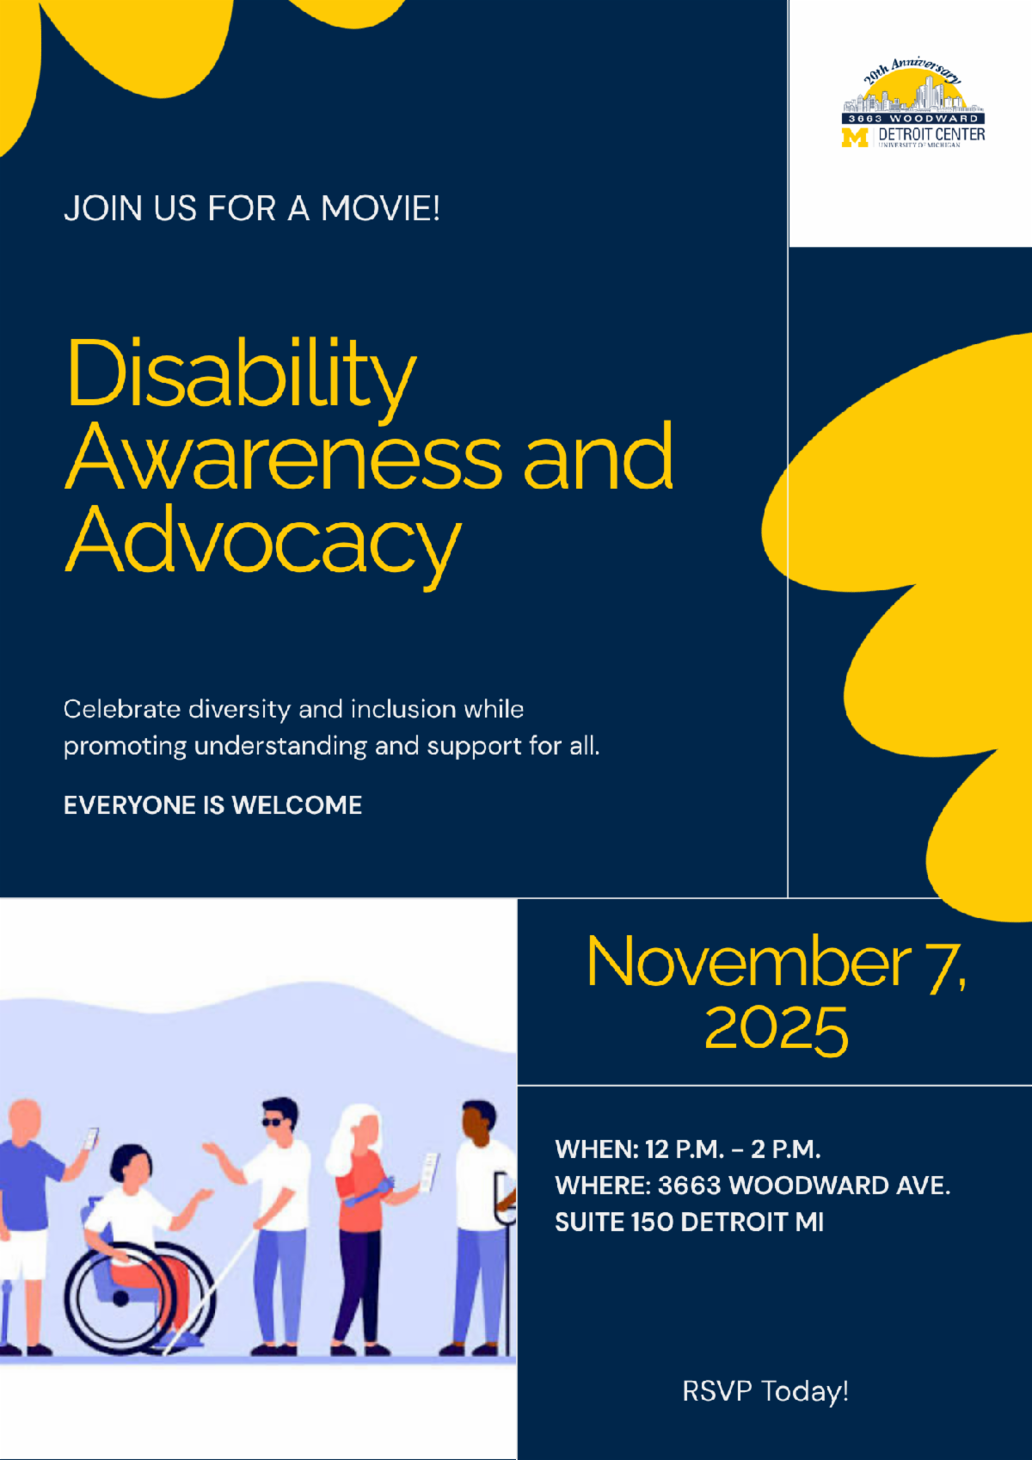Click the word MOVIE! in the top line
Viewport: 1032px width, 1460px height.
pyautogui.click(x=380, y=209)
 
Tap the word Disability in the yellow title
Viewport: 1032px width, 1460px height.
pyautogui.click(x=241, y=375)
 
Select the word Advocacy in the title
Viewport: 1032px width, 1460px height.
pyautogui.click(x=263, y=542)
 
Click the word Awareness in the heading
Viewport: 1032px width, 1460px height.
pyautogui.click(x=284, y=459)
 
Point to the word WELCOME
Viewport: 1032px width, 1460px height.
pyautogui.click(x=297, y=805)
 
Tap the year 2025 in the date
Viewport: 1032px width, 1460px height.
pyautogui.click(x=776, y=1029)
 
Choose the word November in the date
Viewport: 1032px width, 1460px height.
pyautogui.click(x=748, y=963)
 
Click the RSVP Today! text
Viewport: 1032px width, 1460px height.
pyautogui.click(x=765, y=1391)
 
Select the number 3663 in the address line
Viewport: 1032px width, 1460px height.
pyautogui.click(x=689, y=1186)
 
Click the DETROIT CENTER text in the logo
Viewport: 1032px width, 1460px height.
pyautogui.click(x=931, y=134)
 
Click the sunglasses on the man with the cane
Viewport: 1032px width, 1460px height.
pyautogui.click(x=273, y=1122)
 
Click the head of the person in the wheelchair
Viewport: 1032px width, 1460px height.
pyautogui.click(x=131, y=1166)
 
